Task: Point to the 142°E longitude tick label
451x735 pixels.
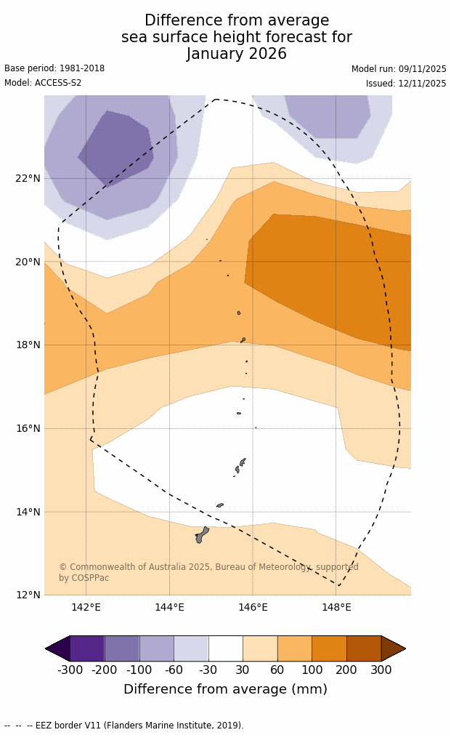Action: (86, 608)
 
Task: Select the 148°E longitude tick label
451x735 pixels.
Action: (336, 608)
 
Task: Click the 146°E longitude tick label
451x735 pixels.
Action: (253, 608)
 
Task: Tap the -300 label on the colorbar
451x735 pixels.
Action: (70, 670)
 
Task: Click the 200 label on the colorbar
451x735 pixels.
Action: (346, 670)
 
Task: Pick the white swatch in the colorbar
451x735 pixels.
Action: (226, 648)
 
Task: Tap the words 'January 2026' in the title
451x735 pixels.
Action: (236, 55)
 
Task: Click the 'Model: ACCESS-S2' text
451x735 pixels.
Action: (43, 84)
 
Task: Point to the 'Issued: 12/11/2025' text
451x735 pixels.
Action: (406, 84)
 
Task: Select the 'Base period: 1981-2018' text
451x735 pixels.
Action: (54, 69)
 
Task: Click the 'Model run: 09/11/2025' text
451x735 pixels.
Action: (399, 69)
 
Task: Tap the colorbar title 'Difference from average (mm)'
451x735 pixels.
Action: (225, 690)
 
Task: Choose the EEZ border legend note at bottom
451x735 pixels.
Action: (124, 726)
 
